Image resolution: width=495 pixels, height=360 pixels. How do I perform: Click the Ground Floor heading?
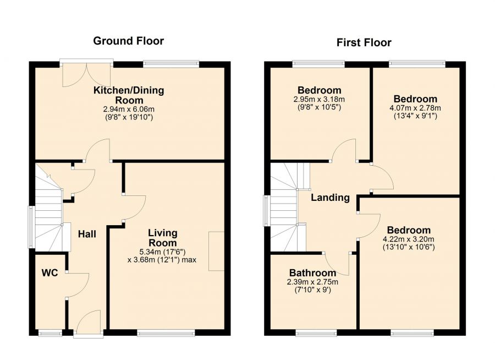click(129, 41)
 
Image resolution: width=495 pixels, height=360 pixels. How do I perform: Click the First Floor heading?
click(364, 42)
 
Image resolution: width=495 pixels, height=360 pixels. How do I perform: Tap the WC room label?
click(50, 273)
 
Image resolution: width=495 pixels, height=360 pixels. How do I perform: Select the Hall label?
click(87, 234)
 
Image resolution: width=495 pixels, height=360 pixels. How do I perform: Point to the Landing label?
click(330, 198)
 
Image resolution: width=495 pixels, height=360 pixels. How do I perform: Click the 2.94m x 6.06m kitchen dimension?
click(129, 110)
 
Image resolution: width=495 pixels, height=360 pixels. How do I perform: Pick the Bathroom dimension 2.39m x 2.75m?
click(312, 282)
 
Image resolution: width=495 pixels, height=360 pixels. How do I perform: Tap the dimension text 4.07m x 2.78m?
click(415, 108)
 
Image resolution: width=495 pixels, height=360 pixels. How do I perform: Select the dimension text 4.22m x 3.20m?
click(409, 239)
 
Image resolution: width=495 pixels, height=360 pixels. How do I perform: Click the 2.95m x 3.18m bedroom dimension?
click(319, 100)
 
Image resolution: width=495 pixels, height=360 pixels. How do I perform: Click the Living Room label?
click(163, 238)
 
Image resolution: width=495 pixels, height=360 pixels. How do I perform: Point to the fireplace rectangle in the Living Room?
click(216, 251)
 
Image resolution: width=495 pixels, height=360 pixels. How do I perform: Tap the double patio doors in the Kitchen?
click(86, 75)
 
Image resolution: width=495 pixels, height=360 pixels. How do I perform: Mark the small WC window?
click(50, 332)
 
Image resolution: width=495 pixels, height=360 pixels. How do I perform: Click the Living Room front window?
click(166, 332)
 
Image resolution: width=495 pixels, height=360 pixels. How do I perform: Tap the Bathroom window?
click(316, 332)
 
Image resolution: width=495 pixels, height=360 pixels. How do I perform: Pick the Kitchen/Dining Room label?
click(129, 95)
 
